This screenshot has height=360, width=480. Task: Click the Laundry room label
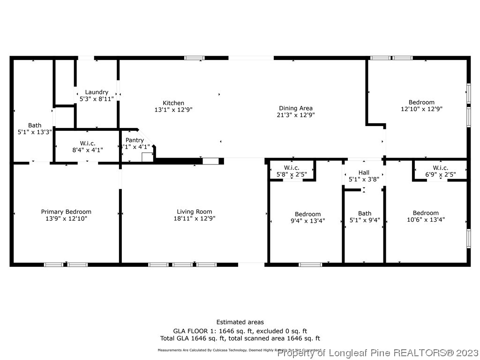pyautogui.click(x=97, y=92)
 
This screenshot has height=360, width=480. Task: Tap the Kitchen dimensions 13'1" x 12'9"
pyautogui.click(x=173, y=109)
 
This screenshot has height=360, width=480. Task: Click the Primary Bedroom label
pyautogui.click(x=66, y=212)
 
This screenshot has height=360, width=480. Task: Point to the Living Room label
pyautogui.click(x=194, y=212)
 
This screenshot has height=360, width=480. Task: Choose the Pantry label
pyautogui.click(x=135, y=140)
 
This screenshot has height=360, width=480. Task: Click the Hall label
pyautogui.click(x=364, y=173)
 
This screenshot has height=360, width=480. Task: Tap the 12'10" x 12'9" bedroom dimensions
pyautogui.click(x=421, y=109)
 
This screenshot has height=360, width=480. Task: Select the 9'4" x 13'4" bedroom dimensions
pyautogui.click(x=307, y=220)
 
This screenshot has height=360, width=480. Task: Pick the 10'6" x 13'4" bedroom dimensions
pyautogui.click(x=426, y=219)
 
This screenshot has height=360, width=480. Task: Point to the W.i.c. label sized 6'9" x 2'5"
pyautogui.click(x=440, y=168)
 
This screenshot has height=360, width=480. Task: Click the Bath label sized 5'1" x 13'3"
pyautogui.click(x=35, y=125)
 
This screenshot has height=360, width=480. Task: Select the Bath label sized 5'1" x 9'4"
pyautogui.click(x=364, y=213)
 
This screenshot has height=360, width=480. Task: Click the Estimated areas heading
pyautogui.click(x=240, y=322)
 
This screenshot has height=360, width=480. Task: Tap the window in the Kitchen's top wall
pyautogui.click(x=194, y=58)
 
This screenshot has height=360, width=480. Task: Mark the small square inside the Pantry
pyautogui.click(x=147, y=157)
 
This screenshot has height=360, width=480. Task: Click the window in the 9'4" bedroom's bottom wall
pyautogui.click(x=310, y=264)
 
